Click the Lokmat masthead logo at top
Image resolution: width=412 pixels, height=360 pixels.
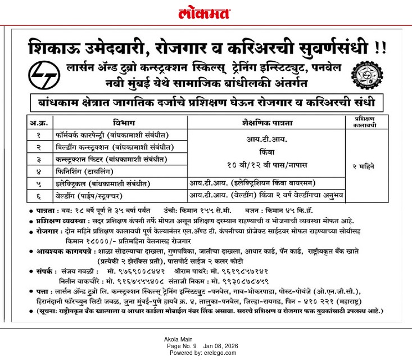pyautogui.click(x=205, y=13)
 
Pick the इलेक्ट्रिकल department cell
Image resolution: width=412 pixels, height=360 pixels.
pyautogui.click(x=101, y=183)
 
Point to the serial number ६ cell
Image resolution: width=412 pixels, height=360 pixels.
pyautogui.click(x=39, y=196)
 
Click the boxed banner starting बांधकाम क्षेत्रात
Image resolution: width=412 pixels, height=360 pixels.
pyautogui.click(x=206, y=103)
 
